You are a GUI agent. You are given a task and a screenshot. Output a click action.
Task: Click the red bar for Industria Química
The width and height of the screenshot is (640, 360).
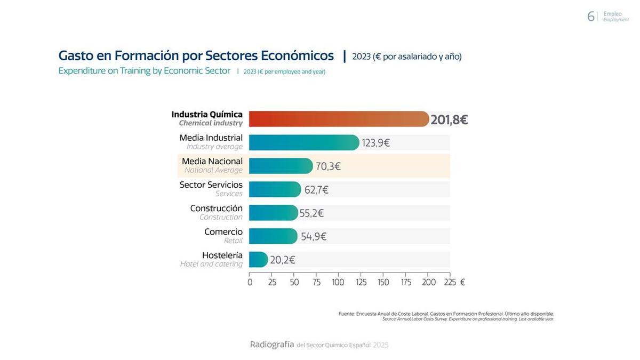[339, 119]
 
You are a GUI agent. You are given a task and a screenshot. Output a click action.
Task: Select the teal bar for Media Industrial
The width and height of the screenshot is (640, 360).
[304, 142]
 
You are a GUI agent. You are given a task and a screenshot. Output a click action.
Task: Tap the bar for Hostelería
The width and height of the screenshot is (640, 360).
[258, 260]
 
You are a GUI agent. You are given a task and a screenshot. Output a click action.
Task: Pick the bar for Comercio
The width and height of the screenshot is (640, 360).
[273, 236]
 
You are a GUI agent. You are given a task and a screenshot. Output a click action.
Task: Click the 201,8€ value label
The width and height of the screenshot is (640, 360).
[449, 120]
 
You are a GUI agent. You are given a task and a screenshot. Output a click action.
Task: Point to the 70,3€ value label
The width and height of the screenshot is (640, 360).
[328, 166]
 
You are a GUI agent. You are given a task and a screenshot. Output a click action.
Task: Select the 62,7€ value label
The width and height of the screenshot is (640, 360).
[316, 190]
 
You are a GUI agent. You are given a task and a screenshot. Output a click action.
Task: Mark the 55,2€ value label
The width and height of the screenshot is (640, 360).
[311, 213]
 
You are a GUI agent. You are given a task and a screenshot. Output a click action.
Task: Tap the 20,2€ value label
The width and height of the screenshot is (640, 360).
[282, 260]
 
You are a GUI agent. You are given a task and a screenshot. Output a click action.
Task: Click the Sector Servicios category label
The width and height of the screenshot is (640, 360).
[211, 185]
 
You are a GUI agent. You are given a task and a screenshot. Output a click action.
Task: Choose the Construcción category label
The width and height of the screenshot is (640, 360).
[216, 209]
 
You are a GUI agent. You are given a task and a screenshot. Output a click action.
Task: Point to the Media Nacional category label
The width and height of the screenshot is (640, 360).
[212, 162]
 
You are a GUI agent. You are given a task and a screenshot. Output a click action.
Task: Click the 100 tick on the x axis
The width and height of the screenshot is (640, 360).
[338, 283]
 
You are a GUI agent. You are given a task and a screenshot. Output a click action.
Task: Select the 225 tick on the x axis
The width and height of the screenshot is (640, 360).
[450, 283]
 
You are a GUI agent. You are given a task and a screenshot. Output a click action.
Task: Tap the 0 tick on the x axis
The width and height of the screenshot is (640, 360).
[250, 283]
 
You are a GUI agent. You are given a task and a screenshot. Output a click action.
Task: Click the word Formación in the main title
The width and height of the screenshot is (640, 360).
[147, 55]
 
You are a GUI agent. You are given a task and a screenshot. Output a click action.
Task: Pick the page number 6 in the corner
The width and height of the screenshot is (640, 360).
[590, 17]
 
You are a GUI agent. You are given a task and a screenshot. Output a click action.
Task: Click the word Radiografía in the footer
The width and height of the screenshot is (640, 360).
[272, 345]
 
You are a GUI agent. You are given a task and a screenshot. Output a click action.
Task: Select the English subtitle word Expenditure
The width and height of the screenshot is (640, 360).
[82, 71]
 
